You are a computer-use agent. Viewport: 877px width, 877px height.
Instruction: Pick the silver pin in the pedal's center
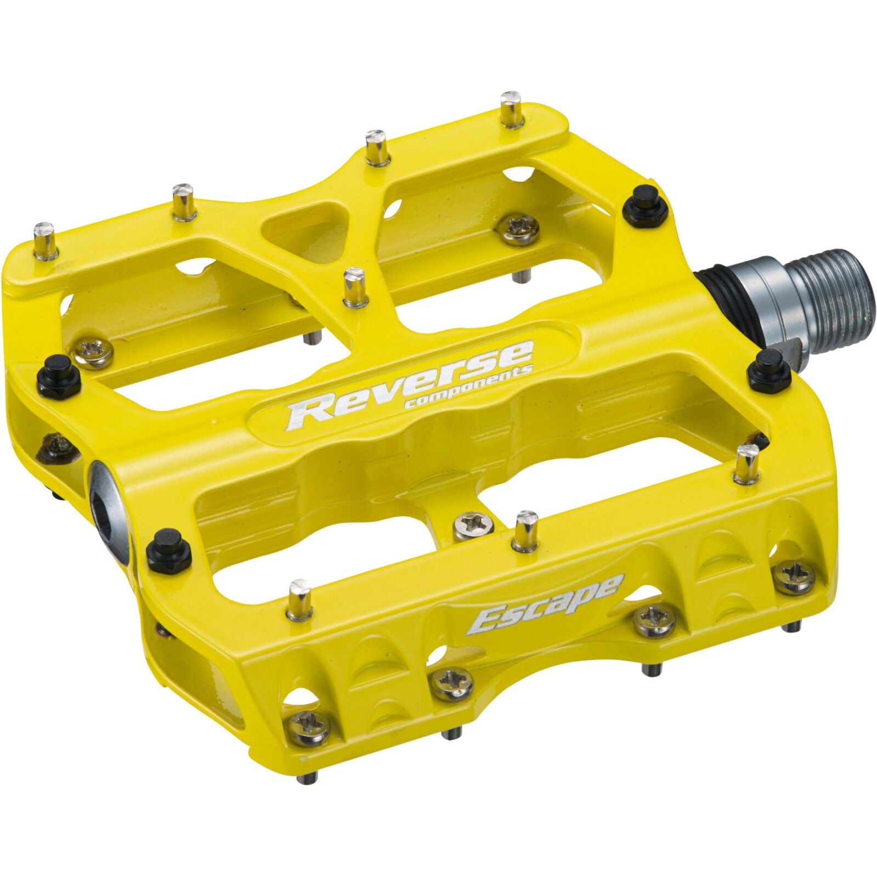pyautogui.click(x=355, y=287)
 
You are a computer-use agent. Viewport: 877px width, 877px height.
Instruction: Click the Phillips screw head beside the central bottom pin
pyautogui.click(x=472, y=525)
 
